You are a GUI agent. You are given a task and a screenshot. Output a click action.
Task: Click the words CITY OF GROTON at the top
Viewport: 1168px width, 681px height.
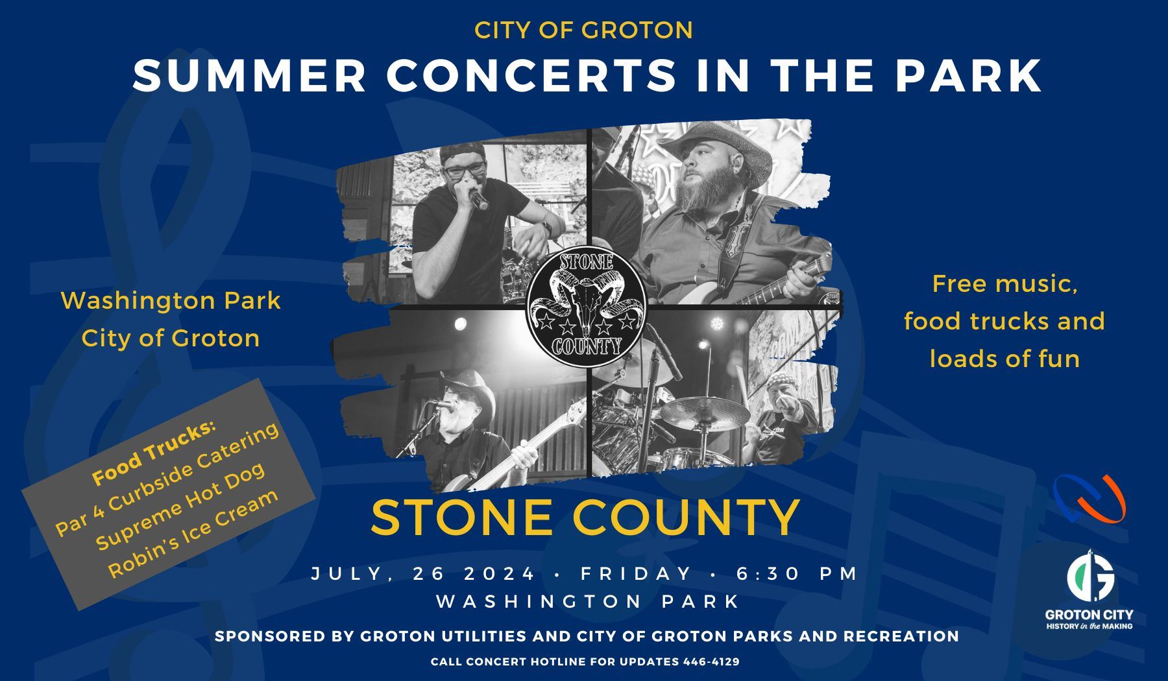coord(583,30)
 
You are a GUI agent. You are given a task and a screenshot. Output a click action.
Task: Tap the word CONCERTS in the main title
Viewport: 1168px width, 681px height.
coord(531,75)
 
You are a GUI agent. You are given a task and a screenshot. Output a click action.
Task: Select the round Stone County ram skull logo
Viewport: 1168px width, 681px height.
coord(587,304)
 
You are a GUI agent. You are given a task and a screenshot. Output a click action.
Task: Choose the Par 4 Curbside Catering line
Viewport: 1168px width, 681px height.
coord(167,477)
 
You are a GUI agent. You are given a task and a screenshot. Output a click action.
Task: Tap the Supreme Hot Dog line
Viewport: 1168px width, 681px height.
coord(180,505)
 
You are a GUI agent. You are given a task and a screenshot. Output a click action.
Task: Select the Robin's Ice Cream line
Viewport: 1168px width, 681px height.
coord(193,533)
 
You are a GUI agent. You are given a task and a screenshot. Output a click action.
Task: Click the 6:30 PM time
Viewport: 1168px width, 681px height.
coord(797,573)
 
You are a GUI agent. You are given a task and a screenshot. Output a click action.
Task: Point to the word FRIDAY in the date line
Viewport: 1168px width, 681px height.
coord(637,573)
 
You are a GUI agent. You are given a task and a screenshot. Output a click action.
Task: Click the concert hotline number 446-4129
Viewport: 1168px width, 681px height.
coord(711,662)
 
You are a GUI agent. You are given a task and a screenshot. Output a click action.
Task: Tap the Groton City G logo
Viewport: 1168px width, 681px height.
coord(1090,576)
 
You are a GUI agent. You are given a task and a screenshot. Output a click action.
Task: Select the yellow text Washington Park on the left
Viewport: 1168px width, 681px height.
coord(171,300)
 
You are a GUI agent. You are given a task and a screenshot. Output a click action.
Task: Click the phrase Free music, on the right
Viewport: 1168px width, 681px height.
coord(1004,283)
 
